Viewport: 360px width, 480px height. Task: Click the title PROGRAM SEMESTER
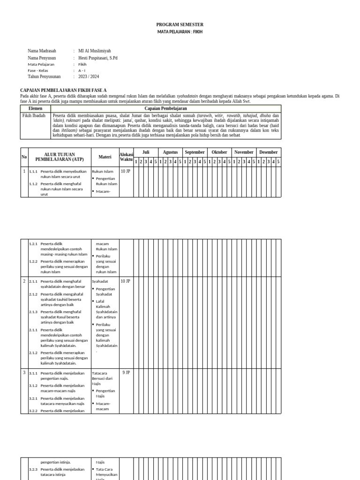click(180, 24)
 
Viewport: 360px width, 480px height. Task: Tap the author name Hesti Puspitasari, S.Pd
click(98, 58)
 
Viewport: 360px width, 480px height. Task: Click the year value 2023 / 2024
click(89, 76)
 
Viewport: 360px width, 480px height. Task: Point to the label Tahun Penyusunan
click(44, 76)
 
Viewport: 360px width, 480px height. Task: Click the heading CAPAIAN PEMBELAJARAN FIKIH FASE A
click(63, 90)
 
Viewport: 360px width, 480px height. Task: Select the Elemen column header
click(36, 108)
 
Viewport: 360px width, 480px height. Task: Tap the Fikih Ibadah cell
click(34, 115)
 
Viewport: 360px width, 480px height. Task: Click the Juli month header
click(145, 152)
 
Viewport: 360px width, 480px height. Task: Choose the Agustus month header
click(170, 152)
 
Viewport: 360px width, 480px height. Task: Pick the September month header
click(195, 152)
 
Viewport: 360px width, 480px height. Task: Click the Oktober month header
click(219, 152)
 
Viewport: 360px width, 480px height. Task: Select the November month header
click(244, 152)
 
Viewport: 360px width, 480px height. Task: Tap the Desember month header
click(268, 152)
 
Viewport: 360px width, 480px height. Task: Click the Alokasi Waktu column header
click(126, 157)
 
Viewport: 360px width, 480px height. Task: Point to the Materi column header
click(105, 157)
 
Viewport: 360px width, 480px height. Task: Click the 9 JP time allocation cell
click(126, 373)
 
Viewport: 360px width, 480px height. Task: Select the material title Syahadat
click(100, 281)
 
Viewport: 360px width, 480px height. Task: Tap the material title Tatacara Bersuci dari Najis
click(102, 378)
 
